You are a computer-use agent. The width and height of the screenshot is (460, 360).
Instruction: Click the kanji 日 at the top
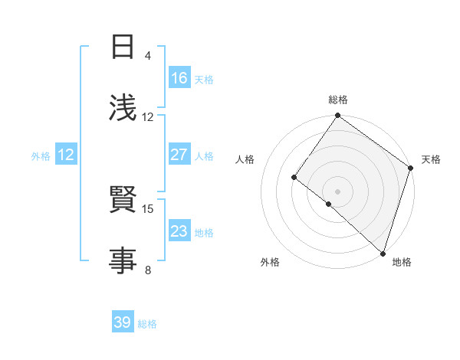tap(123, 47)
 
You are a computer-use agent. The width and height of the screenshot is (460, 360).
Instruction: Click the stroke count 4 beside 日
tap(147, 56)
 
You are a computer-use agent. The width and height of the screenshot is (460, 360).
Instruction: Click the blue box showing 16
tap(179, 78)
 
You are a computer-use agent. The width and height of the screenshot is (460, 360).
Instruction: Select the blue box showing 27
tap(179, 155)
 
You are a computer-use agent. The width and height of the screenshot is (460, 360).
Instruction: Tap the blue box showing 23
tap(179, 231)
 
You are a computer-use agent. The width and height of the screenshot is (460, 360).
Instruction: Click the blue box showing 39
tap(123, 322)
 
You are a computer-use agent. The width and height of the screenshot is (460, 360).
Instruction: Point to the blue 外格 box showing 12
tap(66, 155)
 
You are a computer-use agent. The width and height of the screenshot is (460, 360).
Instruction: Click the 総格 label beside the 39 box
tap(147, 324)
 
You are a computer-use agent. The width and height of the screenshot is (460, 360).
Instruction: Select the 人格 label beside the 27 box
tap(204, 156)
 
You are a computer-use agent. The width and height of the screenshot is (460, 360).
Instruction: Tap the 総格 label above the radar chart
tap(338, 100)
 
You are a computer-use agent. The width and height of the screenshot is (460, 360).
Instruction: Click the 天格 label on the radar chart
tap(431, 159)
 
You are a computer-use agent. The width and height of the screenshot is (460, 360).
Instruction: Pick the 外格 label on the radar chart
tap(270, 262)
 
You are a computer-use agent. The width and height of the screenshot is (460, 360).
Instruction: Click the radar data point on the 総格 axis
tap(338, 116)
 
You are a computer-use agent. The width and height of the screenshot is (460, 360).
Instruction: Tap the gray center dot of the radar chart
tap(338, 191)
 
